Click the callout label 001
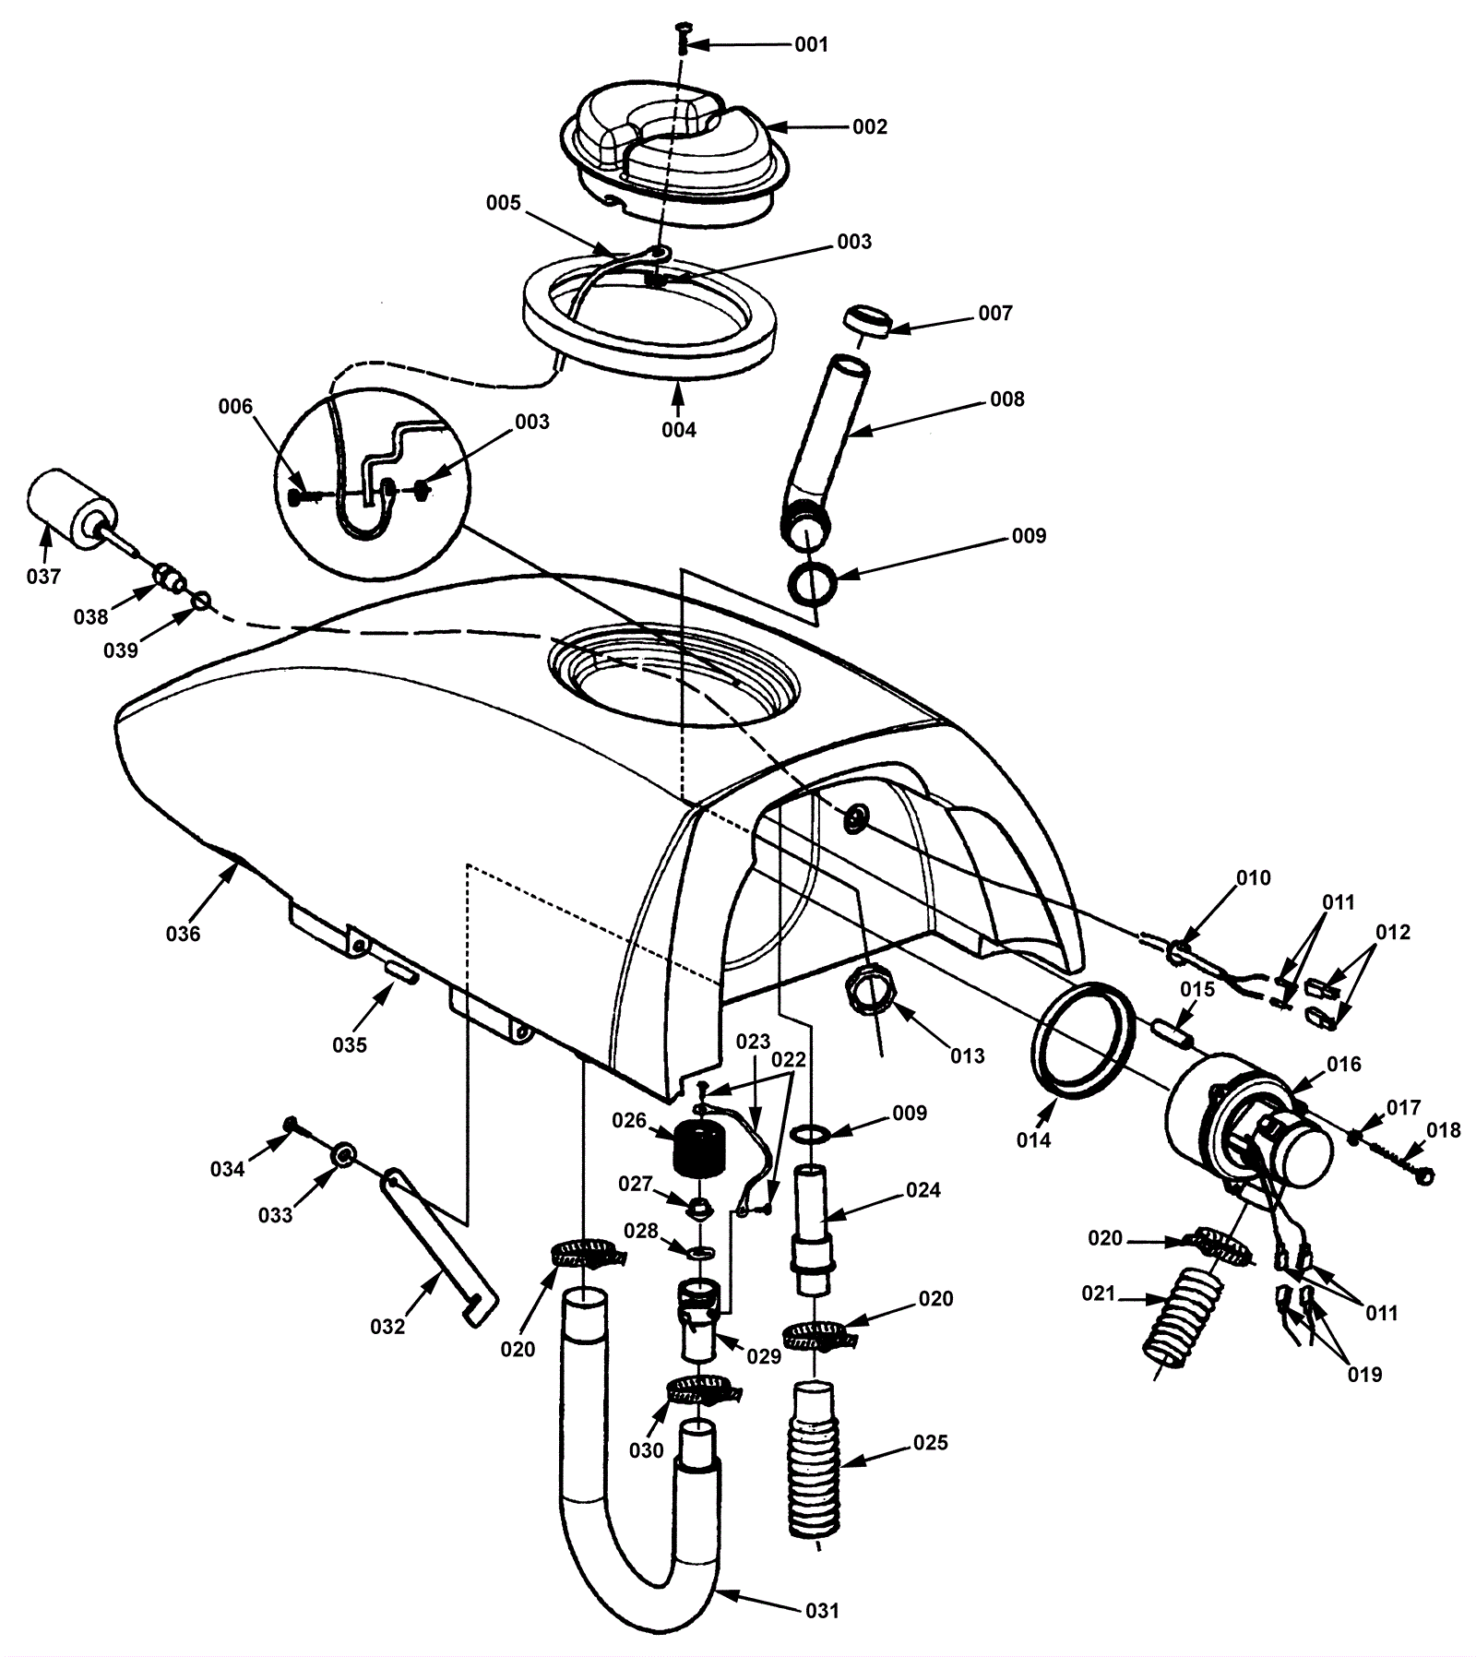(x=811, y=45)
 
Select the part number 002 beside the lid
(x=869, y=126)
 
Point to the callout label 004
(x=679, y=429)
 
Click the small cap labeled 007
(x=867, y=323)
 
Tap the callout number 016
(x=1343, y=1065)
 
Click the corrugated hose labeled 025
(x=815, y=1459)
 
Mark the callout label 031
(x=822, y=1610)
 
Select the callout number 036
(x=183, y=934)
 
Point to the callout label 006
(x=235, y=406)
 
